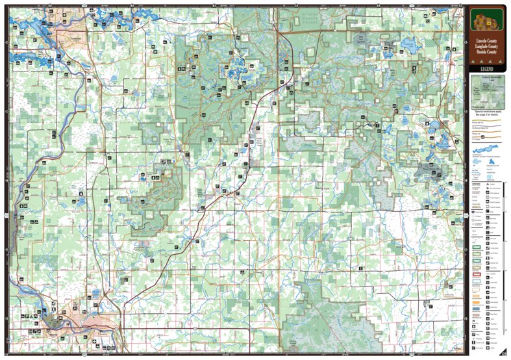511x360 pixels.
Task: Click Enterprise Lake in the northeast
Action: click(x=410, y=46)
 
